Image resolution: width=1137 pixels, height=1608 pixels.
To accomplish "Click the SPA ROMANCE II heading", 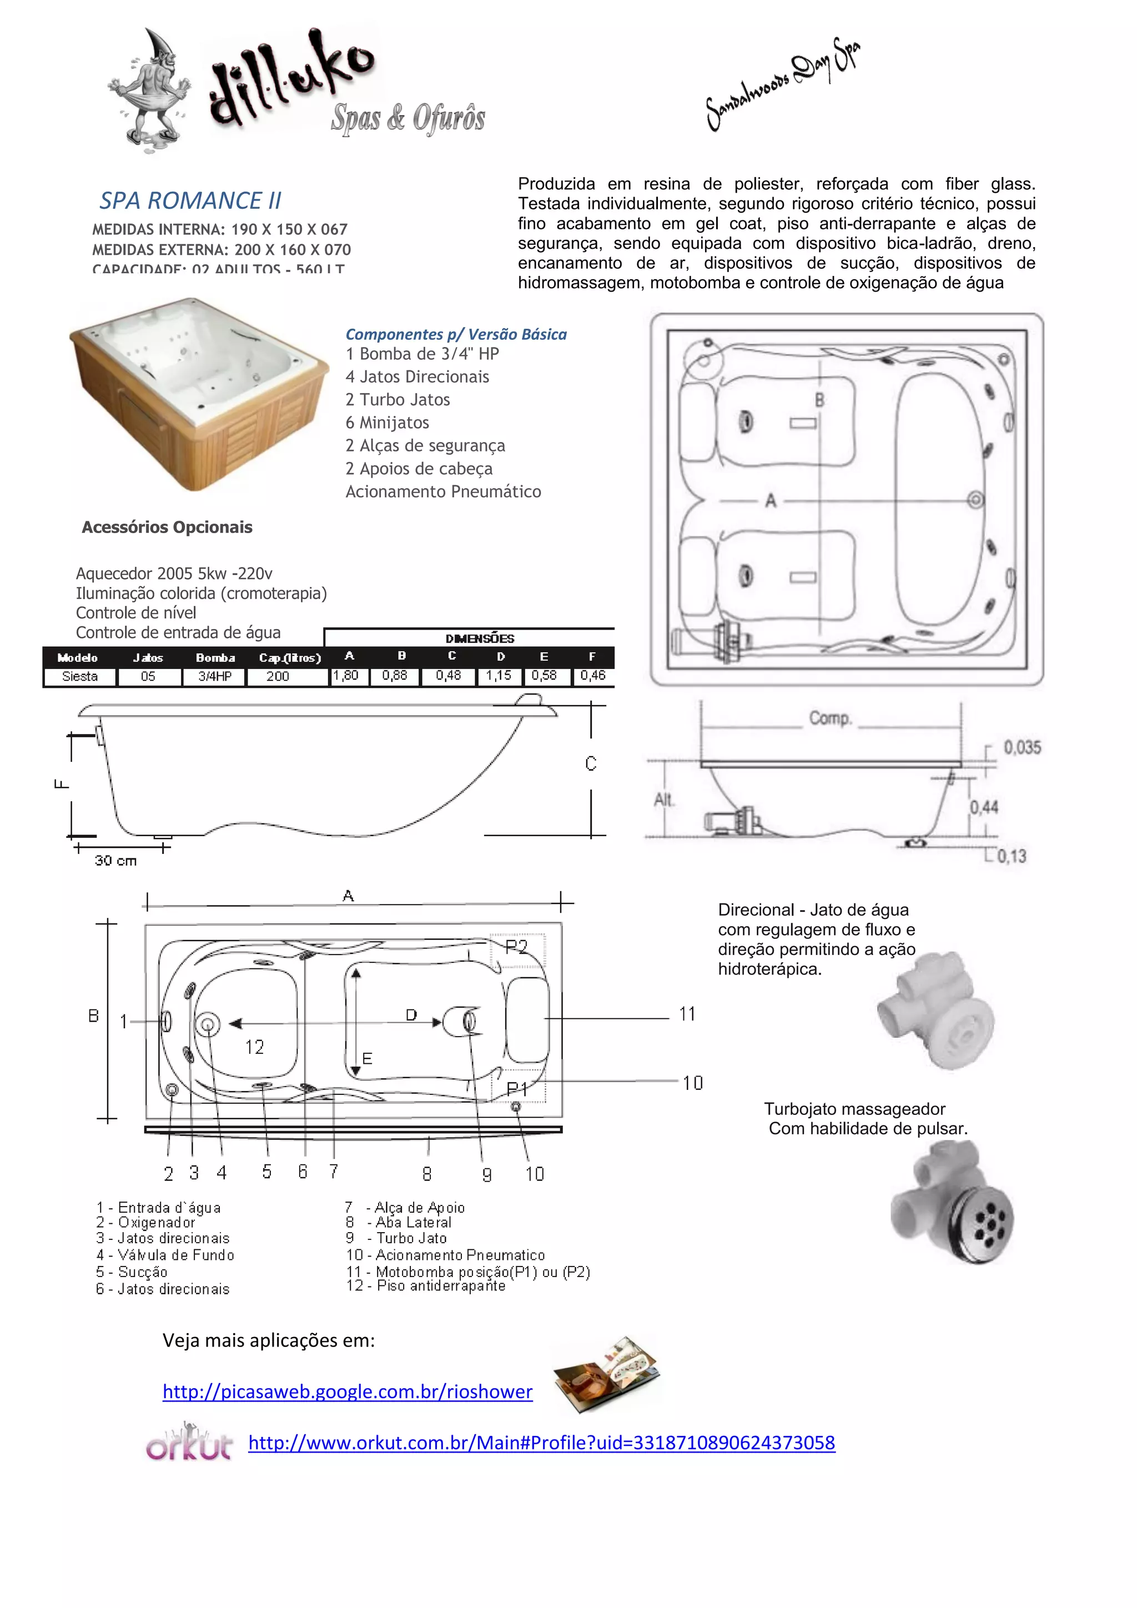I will pyautogui.click(x=190, y=201).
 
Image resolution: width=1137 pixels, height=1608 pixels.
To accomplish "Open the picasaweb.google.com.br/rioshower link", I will pyautogui.click(x=347, y=1391).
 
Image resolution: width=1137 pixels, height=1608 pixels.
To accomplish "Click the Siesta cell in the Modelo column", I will pyautogui.click(x=80, y=676).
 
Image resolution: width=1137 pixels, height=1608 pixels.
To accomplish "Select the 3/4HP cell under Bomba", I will pyautogui.click(x=214, y=676).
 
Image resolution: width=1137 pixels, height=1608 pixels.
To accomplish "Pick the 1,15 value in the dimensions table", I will pyautogui.click(x=499, y=676).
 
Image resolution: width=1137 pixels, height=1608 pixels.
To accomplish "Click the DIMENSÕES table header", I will pyautogui.click(x=480, y=639).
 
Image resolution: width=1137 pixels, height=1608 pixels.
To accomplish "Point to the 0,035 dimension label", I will pyautogui.click(x=1022, y=747).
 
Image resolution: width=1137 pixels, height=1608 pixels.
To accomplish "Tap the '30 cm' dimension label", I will pyautogui.click(x=115, y=861).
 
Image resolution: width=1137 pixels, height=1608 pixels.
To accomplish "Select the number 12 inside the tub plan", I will pyautogui.click(x=254, y=1047).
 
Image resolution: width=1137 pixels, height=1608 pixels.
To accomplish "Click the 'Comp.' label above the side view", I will pyautogui.click(x=831, y=718).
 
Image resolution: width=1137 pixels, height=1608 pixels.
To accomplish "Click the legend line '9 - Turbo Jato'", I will pyautogui.click(x=396, y=1238).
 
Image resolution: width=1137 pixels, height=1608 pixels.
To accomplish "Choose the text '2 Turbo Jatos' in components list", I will pyautogui.click(x=397, y=400).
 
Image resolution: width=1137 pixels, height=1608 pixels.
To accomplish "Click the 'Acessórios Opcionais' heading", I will pyautogui.click(x=167, y=527).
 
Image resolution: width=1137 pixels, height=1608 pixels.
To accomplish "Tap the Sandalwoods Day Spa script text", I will pyautogui.click(x=783, y=84).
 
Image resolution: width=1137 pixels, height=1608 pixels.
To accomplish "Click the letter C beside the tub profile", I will pyautogui.click(x=591, y=763).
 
